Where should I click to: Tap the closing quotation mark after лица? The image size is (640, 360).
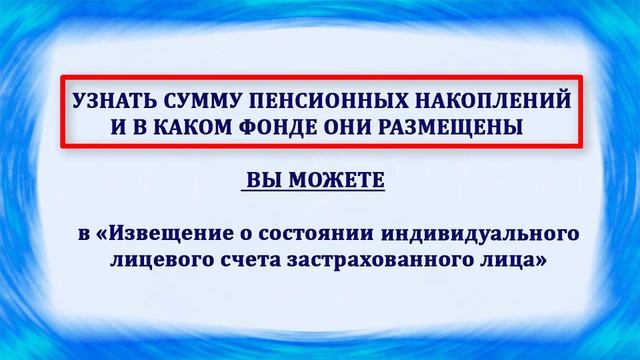541,262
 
